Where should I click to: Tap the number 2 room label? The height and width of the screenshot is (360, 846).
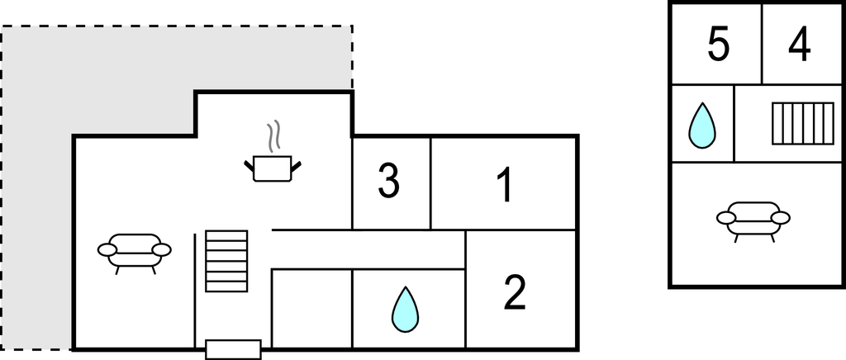click(x=515, y=293)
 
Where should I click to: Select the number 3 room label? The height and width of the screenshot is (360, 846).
click(x=389, y=182)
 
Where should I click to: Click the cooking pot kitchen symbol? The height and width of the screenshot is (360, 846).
click(x=273, y=168)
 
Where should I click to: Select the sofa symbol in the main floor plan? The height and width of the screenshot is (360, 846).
click(x=135, y=251)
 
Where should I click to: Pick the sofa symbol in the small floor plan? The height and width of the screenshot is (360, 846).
click(x=753, y=220)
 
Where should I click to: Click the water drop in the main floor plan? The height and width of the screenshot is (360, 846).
click(x=405, y=309)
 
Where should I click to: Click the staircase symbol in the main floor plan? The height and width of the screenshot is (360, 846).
click(x=226, y=260)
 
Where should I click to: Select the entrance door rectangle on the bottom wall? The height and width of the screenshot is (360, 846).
click(x=233, y=349)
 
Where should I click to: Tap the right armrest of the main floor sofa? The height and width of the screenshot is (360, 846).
click(x=162, y=249)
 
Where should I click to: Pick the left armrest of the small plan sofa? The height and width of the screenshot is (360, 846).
click(x=726, y=218)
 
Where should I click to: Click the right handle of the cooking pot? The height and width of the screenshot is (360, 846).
click(x=296, y=167)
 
